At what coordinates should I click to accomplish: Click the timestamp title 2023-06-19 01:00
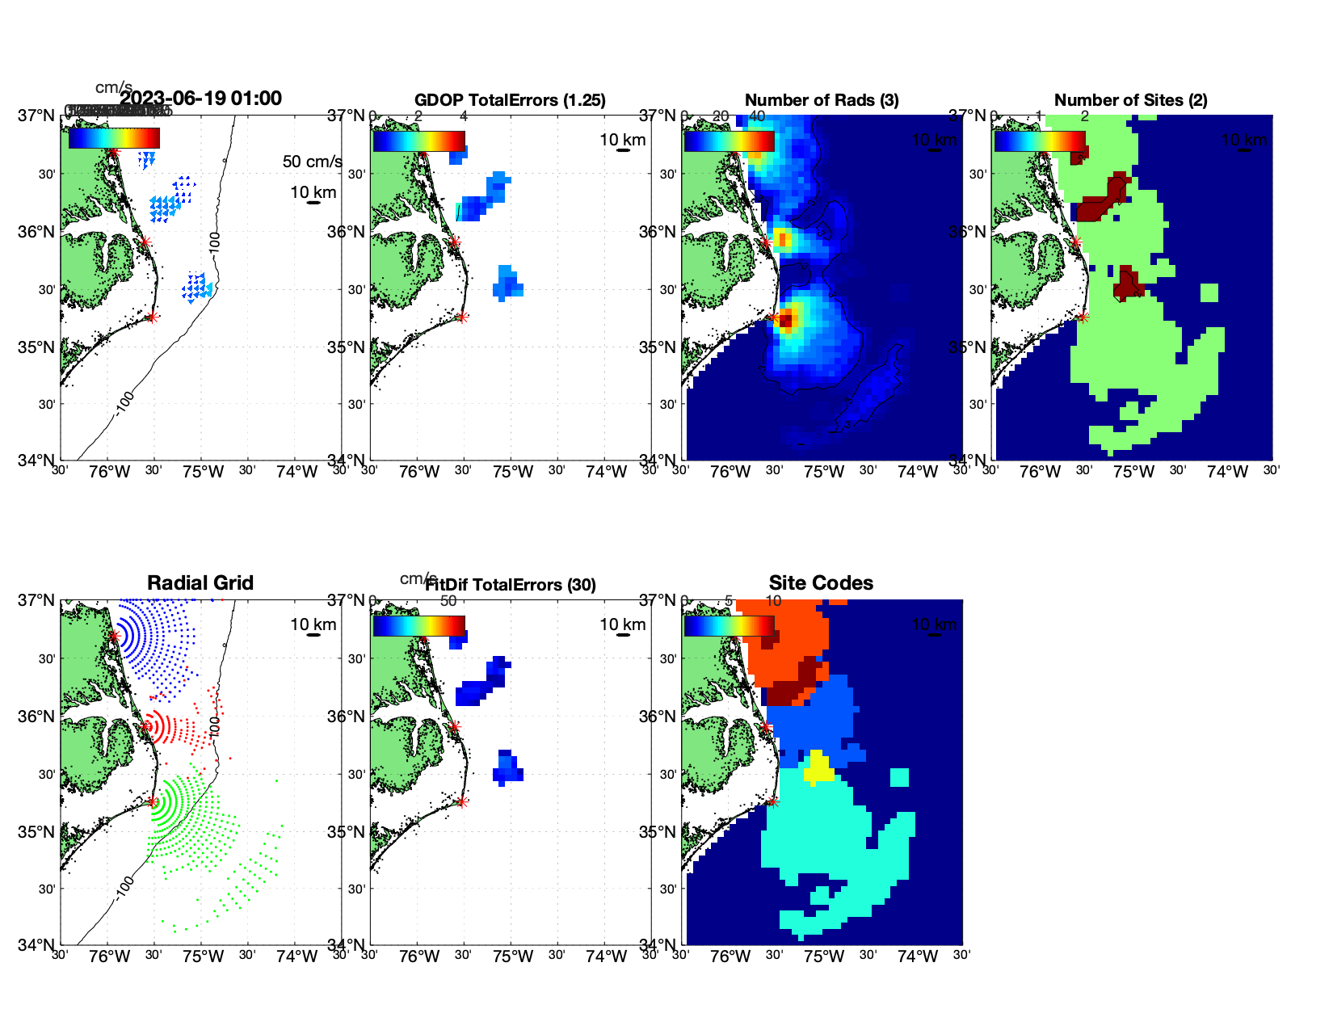point(200,99)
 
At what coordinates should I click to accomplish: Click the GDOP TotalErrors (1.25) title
point(510,100)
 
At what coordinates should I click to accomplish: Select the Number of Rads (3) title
point(821,100)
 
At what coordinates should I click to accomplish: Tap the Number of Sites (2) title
point(1130,100)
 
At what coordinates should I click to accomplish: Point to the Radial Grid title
point(200,583)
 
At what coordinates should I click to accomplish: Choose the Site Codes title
point(821,583)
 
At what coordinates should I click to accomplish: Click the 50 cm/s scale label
point(312,162)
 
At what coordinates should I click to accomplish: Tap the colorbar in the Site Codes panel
point(729,626)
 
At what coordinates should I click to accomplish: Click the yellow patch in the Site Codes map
point(818,768)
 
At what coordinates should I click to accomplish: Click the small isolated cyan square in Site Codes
point(899,777)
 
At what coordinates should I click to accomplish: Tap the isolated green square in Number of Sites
point(1209,292)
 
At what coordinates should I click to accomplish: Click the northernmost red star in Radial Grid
point(114,637)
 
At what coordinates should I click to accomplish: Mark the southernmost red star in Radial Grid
point(152,801)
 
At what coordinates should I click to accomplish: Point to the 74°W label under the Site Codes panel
point(917,956)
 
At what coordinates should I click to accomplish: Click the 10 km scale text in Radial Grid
point(313,624)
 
